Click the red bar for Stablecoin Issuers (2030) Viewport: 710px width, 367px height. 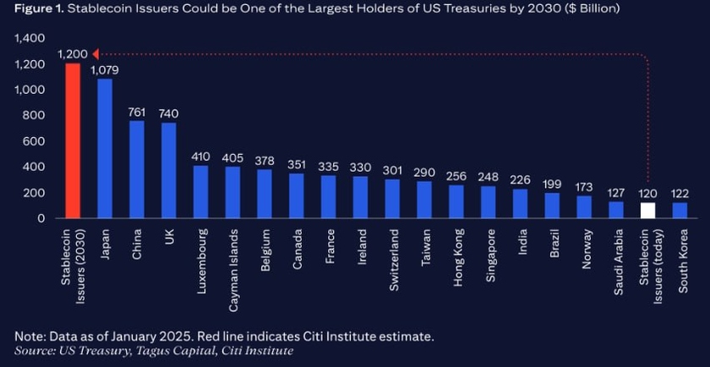click(x=73, y=141)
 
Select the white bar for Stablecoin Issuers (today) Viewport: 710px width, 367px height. click(x=647, y=211)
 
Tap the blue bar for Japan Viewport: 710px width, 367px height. click(x=105, y=149)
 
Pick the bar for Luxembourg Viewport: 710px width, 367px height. click(x=200, y=192)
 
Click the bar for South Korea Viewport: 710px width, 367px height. click(x=680, y=211)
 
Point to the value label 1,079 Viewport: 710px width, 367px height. click(x=105, y=70)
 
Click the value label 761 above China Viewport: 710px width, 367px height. click(x=137, y=112)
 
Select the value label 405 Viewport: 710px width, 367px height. click(x=232, y=157)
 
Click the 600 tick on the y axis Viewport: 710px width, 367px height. click(x=35, y=141)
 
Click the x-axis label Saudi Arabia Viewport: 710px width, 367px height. click(x=615, y=260)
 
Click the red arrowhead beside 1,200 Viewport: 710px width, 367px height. click(x=95, y=54)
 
